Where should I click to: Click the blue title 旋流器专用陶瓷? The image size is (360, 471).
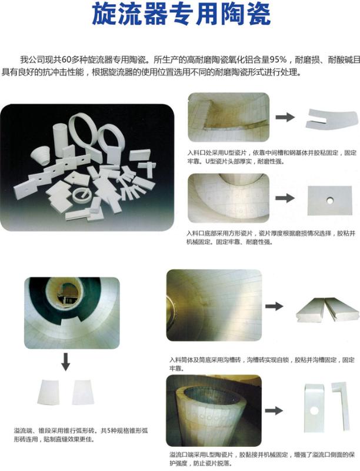(x=182, y=14)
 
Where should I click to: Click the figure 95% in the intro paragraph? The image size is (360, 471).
(x=278, y=60)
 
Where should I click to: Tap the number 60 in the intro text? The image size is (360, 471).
(x=67, y=60)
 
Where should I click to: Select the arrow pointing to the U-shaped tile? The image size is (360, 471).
(x=285, y=117)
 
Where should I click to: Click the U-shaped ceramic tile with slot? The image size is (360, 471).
(x=332, y=119)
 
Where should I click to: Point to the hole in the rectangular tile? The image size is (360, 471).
(x=330, y=200)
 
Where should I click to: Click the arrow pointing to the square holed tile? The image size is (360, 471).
(x=285, y=198)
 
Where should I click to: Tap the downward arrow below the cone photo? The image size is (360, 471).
(x=65, y=361)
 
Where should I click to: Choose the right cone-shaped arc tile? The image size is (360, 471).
(x=83, y=392)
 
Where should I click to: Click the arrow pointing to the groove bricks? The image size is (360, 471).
(x=274, y=306)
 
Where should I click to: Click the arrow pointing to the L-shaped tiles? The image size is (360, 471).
(x=274, y=410)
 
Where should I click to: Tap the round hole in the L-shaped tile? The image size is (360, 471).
(x=314, y=410)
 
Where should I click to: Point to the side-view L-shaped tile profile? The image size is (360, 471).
(x=341, y=406)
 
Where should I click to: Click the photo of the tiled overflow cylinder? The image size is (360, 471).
(x=214, y=410)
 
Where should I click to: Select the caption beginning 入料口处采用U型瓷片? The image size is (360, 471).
(x=272, y=157)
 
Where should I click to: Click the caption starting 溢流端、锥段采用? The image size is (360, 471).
(x=81, y=435)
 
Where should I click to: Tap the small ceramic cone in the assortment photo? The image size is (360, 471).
(x=41, y=155)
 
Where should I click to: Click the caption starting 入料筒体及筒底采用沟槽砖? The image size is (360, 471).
(x=262, y=364)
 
